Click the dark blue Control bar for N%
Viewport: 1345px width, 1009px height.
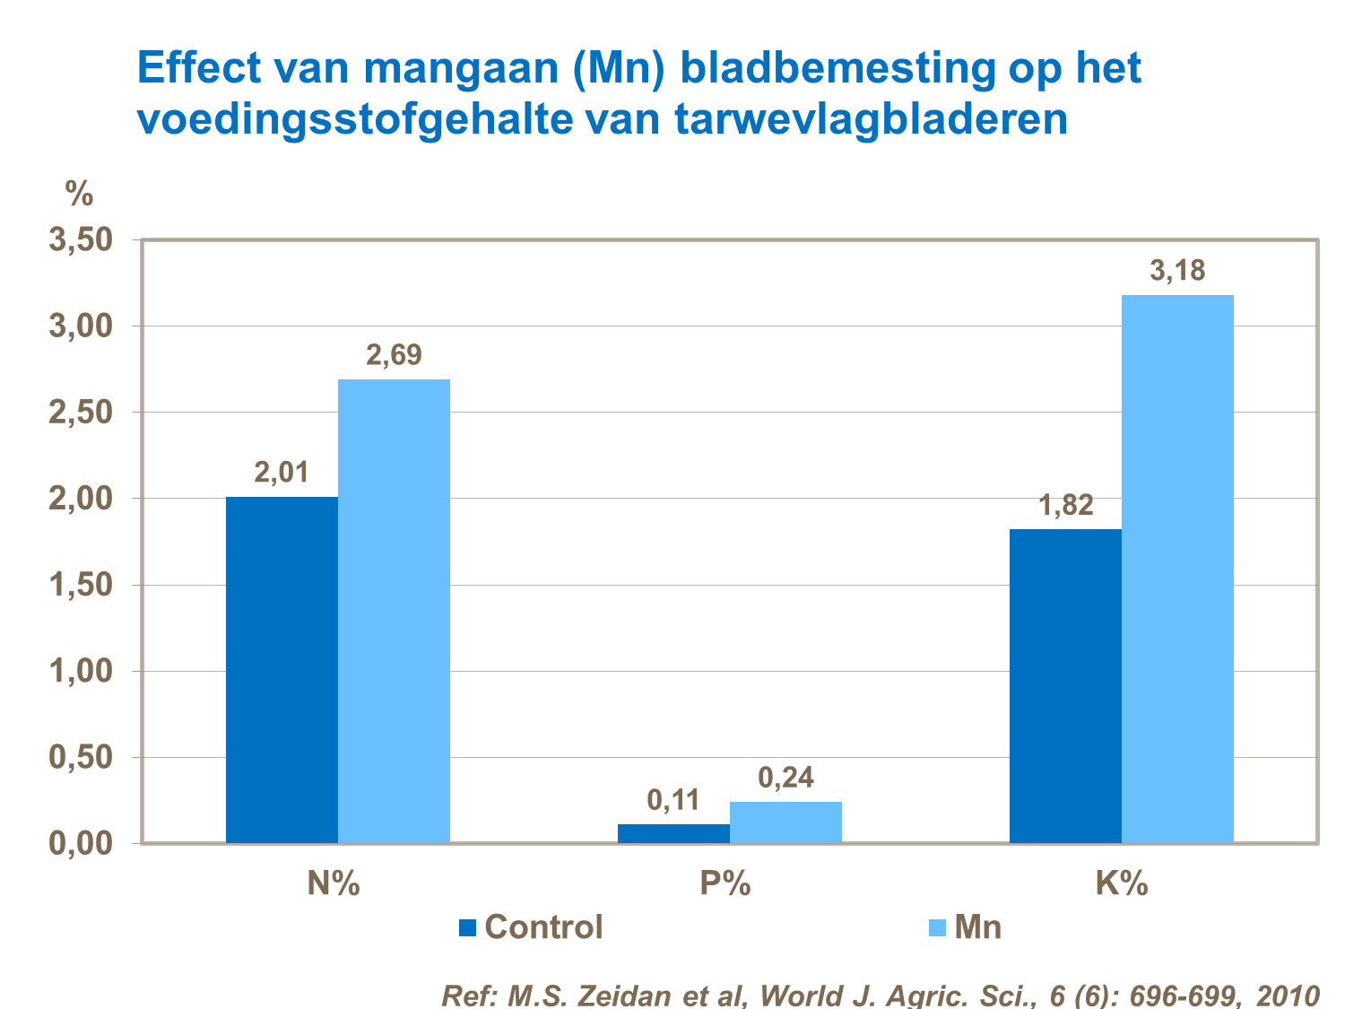(282, 670)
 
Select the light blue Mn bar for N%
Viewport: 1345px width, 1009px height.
(394, 611)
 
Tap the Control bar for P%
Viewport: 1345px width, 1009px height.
(673, 833)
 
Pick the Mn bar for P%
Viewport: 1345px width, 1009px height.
(785, 822)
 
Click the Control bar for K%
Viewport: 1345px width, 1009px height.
(1065, 686)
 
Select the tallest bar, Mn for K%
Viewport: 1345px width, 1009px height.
(1177, 569)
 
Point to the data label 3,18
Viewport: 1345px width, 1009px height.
(1177, 271)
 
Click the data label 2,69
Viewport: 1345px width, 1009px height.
(394, 355)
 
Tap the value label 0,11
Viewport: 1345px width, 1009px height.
(673, 799)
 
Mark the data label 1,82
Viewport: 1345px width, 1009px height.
(1065, 505)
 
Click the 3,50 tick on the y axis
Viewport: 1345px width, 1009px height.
(80, 240)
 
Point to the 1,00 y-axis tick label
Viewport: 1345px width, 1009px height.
(80, 671)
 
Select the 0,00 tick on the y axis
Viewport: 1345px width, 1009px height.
(80, 844)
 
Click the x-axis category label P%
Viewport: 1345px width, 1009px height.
(725, 884)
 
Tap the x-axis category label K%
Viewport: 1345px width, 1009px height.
(1121, 884)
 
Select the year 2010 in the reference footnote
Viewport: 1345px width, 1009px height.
(1288, 996)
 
